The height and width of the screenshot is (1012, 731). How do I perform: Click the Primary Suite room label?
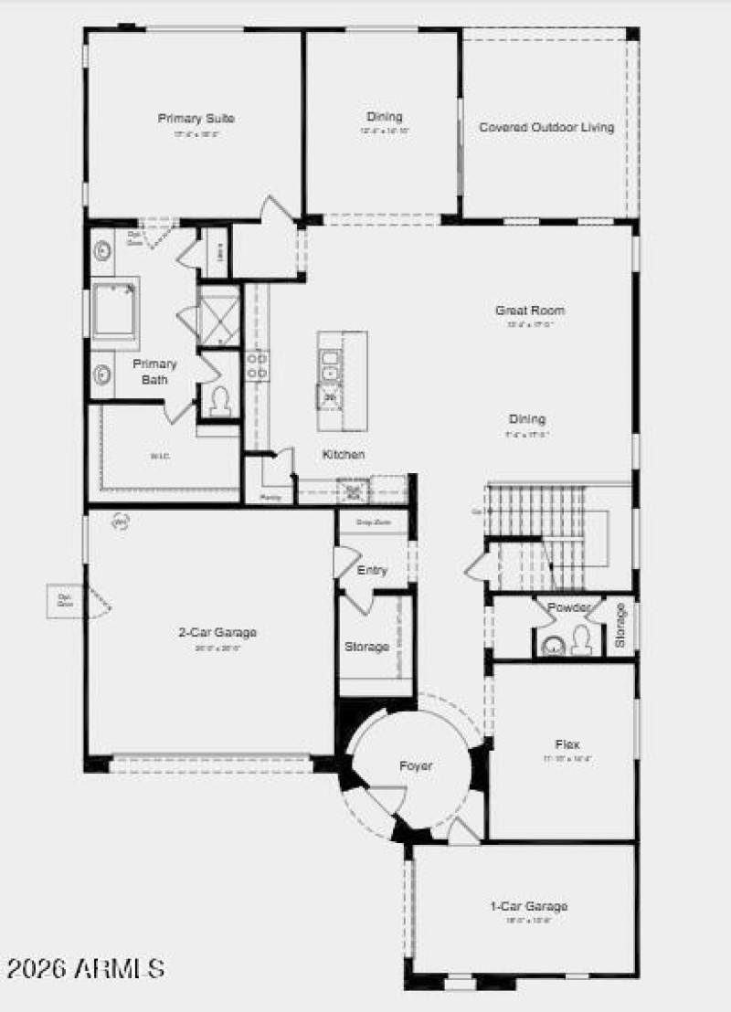pyautogui.click(x=196, y=119)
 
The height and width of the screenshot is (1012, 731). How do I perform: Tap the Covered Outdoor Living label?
pyautogui.click(x=546, y=128)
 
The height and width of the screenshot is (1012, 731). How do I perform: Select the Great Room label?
pyautogui.click(x=530, y=311)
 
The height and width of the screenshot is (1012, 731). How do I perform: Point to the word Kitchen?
pyautogui.click(x=344, y=454)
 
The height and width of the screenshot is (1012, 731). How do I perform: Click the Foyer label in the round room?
pyautogui.click(x=416, y=765)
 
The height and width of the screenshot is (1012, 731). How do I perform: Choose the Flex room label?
pyautogui.click(x=567, y=744)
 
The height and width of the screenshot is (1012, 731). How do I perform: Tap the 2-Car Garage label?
pyautogui.click(x=217, y=632)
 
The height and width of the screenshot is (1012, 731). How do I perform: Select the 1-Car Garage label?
pyautogui.click(x=529, y=906)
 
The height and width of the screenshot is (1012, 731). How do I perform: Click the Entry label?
pyautogui.click(x=372, y=570)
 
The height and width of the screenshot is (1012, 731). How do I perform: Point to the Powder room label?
pyautogui.click(x=568, y=607)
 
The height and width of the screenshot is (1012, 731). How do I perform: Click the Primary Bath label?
pyautogui.click(x=154, y=371)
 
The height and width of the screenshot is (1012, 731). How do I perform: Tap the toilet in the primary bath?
pyautogui.click(x=220, y=401)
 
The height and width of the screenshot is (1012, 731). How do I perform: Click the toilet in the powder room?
pyautogui.click(x=581, y=642)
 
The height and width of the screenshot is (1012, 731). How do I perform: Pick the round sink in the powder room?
pyautogui.click(x=554, y=646)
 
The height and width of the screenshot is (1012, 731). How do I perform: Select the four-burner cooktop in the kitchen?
pyautogui.click(x=257, y=365)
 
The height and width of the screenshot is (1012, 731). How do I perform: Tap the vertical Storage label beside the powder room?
pyautogui.click(x=620, y=626)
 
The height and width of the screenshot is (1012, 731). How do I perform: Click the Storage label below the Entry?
pyautogui.click(x=366, y=647)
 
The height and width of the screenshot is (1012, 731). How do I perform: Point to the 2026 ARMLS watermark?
pyautogui.click(x=87, y=967)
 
